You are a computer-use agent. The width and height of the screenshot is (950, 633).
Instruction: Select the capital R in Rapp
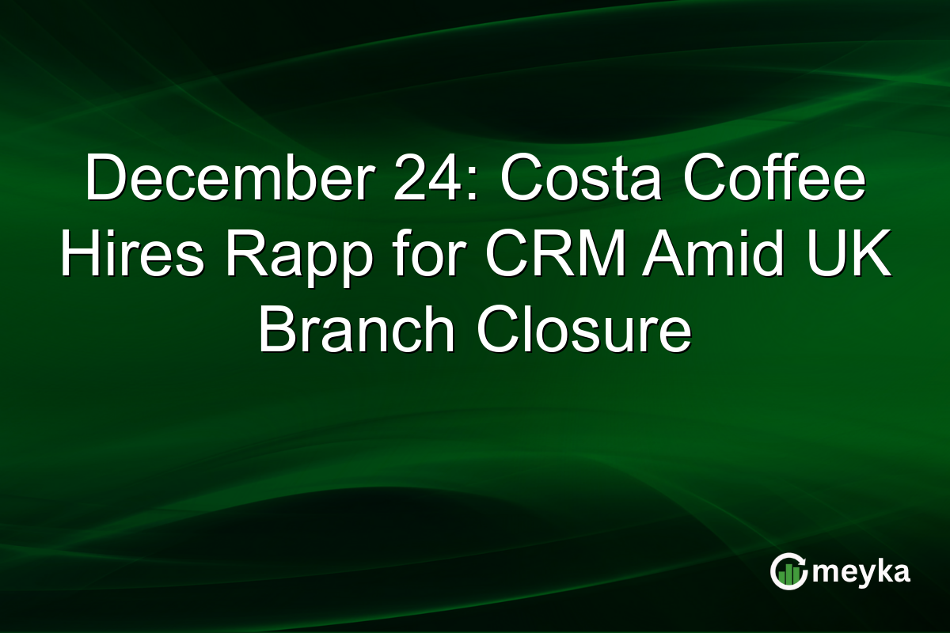coord(234,256)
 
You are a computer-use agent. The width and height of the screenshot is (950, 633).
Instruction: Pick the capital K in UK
coord(873,256)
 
